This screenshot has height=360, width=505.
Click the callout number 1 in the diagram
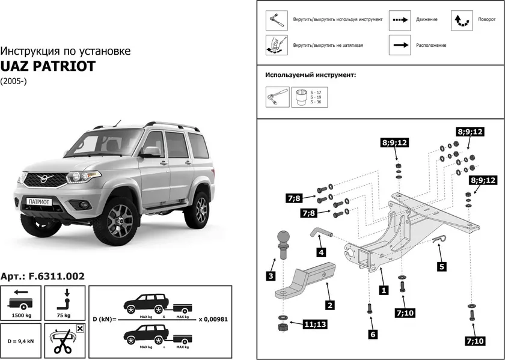(382, 289)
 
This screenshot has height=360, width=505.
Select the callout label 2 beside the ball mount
(329, 305)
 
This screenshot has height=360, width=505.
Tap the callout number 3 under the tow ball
(271, 276)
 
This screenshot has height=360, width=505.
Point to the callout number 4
(322, 252)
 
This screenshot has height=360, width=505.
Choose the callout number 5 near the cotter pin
(442, 266)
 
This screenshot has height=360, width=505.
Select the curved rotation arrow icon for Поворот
(462, 20)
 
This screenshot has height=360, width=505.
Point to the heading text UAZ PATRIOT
(48, 66)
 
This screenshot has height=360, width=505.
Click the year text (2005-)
(13, 81)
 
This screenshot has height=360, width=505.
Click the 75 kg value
(63, 315)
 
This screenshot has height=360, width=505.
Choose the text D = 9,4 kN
(21, 340)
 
